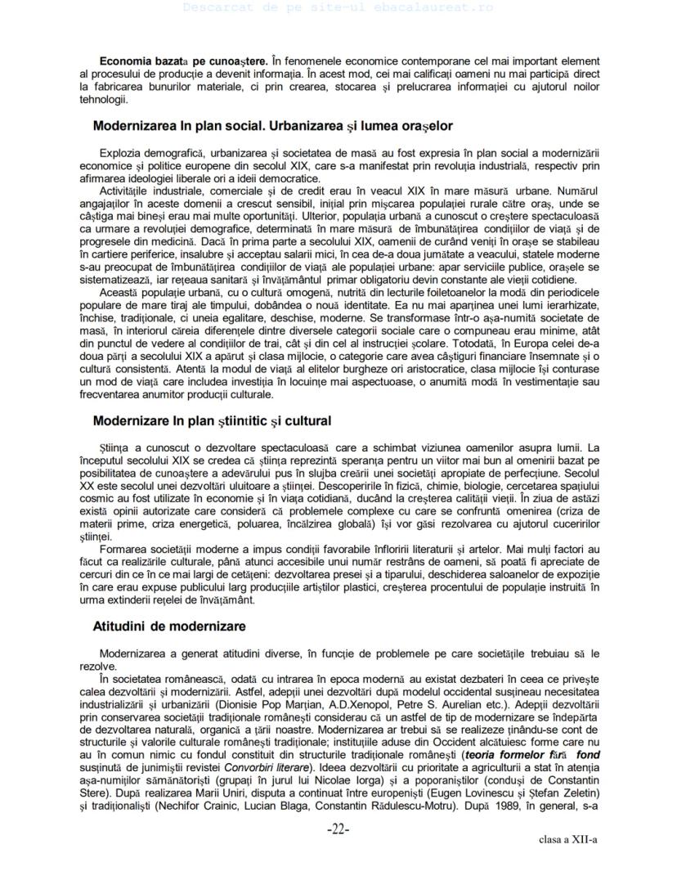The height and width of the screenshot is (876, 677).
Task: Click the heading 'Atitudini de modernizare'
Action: (x=158, y=626)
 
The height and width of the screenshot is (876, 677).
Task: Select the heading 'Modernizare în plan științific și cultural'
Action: (x=212, y=421)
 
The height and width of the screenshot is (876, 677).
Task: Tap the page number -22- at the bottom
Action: (x=338, y=829)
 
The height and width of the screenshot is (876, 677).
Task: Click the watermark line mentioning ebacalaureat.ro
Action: (x=338, y=7)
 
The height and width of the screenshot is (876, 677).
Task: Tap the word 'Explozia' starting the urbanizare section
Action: (x=119, y=153)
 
